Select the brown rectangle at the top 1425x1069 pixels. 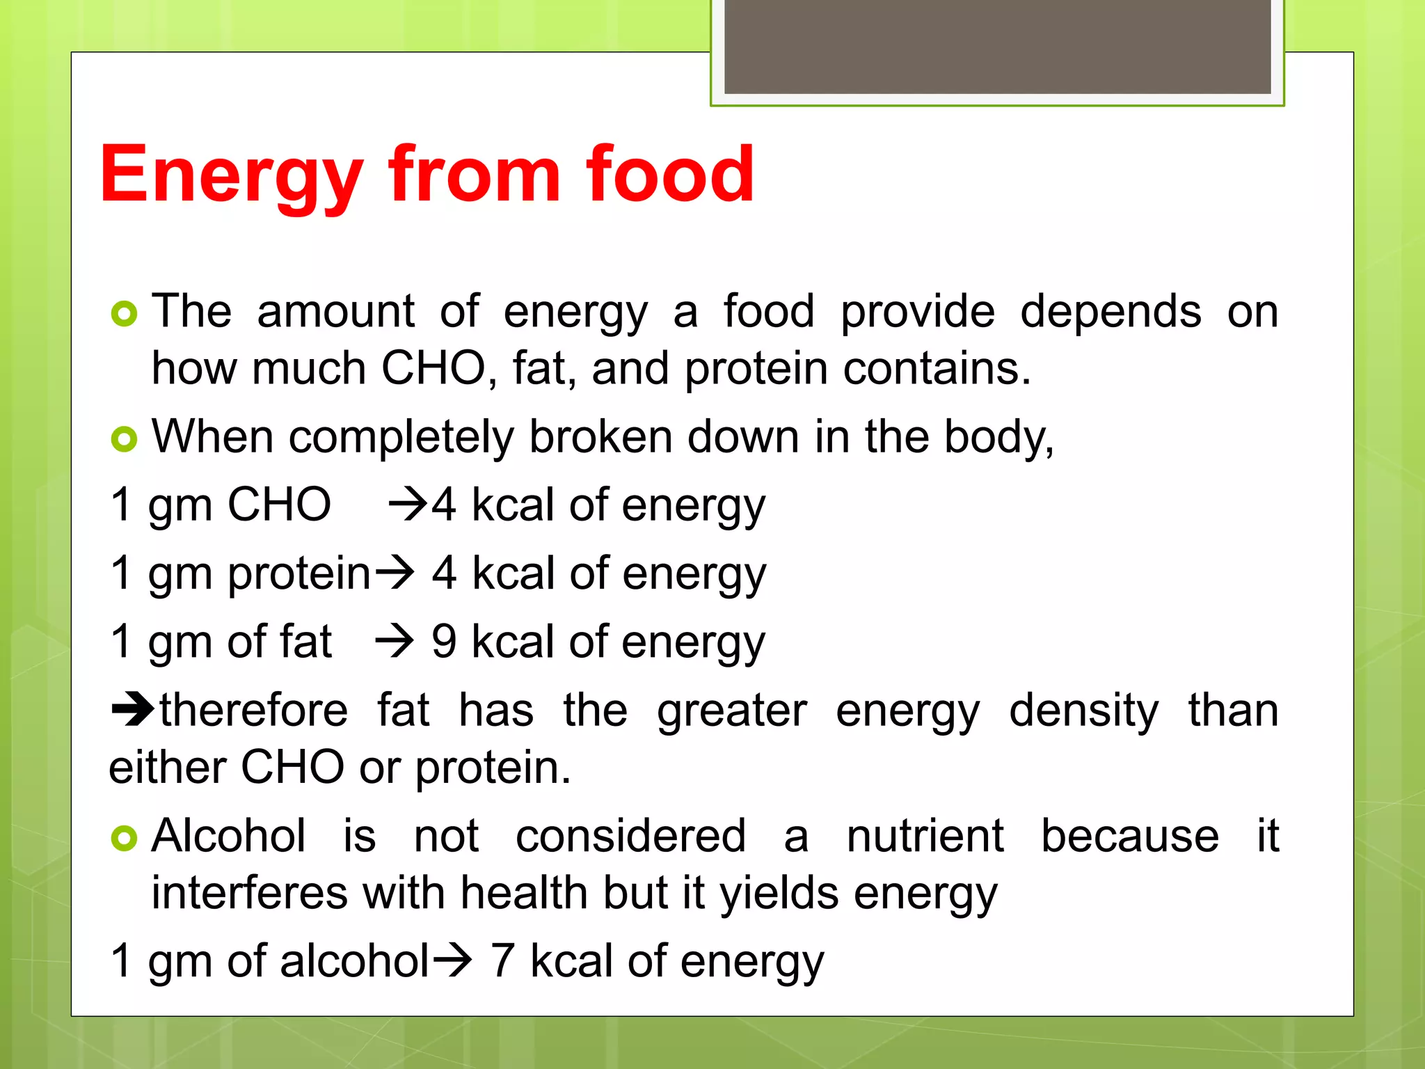coord(997,47)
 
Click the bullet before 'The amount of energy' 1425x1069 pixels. coord(125,315)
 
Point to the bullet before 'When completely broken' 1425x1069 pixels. coord(125,439)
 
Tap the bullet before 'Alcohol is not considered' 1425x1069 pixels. coord(125,839)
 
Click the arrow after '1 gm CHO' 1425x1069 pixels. coord(407,505)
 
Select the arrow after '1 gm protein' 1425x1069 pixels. coord(395,573)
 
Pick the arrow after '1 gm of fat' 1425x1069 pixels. coord(395,642)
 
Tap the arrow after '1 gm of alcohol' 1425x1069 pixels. coord(452,961)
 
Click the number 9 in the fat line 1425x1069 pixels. coord(444,642)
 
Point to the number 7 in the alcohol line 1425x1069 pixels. coord(502,961)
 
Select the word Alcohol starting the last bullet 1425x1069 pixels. coord(229,836)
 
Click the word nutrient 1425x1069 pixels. coord(925,836)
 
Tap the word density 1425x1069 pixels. coord(1084,711)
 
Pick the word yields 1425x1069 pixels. coord(779,893)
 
